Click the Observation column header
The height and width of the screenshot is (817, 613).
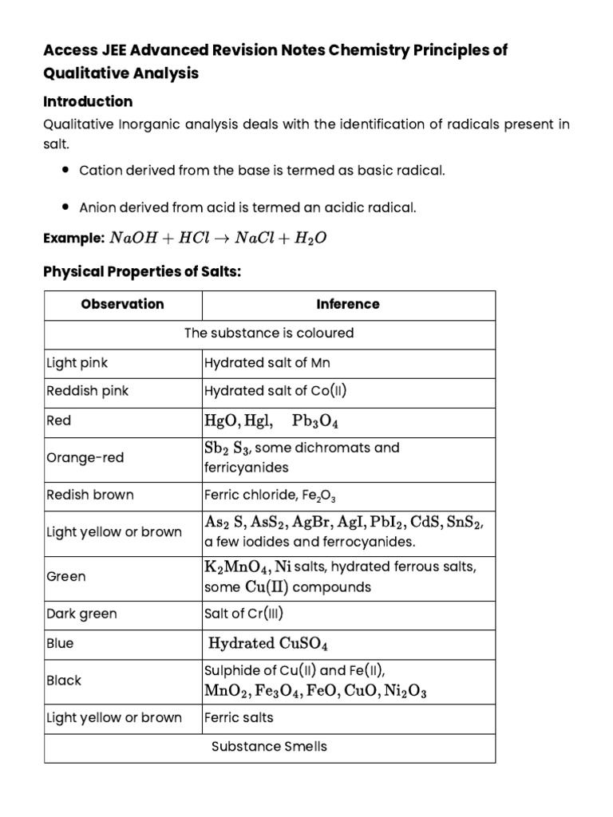pos(122,304)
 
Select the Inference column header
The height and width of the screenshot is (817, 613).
pos(348,304)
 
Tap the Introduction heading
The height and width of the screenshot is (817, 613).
pos(87,101)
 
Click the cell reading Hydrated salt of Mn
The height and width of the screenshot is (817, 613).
pos(267,363)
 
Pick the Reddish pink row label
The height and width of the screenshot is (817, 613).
pos(87,391)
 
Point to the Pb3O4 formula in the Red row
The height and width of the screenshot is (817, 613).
pos(315,420)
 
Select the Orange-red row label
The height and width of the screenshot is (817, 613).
pos(85,458)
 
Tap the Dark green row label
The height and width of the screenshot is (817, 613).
pos(81,614)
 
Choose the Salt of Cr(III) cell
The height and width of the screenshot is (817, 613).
pos(244,614)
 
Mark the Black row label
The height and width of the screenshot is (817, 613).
pos(64,681)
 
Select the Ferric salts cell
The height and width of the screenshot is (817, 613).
pos(239,717)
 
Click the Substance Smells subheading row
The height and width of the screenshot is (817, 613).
pos(269,747)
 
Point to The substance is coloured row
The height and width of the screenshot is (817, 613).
pos(269,333)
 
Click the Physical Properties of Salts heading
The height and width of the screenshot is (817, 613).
pos(141,272)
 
